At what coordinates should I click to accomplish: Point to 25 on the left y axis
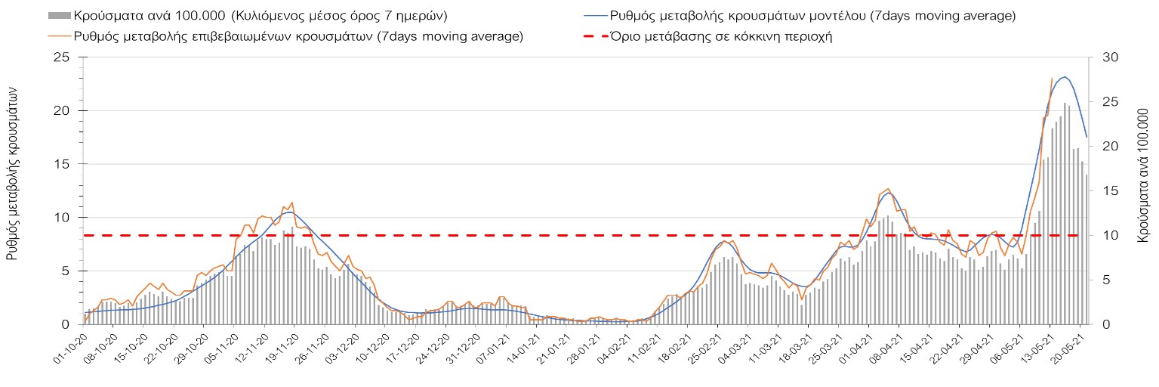click(x=62, y=58)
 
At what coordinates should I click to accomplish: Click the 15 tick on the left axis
click(x=62, y=165)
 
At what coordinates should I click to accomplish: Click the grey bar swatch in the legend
click(x=60, y=16)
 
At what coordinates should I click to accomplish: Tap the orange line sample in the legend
click(x=60, y=36)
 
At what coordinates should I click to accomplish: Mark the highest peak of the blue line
click(x=1065, y=77)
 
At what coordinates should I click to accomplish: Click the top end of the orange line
click(x=1052, y=79)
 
